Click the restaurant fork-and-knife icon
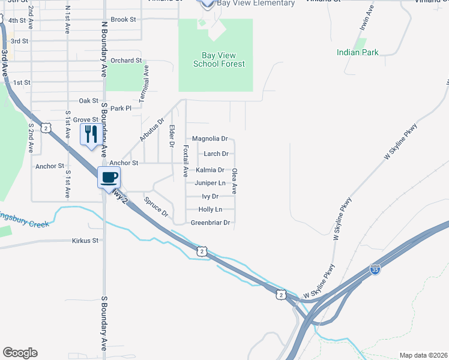91,134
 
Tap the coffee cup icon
109,177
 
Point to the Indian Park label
358,52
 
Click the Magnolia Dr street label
209,139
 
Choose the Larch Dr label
216,154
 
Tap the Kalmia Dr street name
210,170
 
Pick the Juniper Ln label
210,183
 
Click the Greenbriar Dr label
210,223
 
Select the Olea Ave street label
235,181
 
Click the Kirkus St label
85,241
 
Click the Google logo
20,353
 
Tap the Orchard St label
126,61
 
